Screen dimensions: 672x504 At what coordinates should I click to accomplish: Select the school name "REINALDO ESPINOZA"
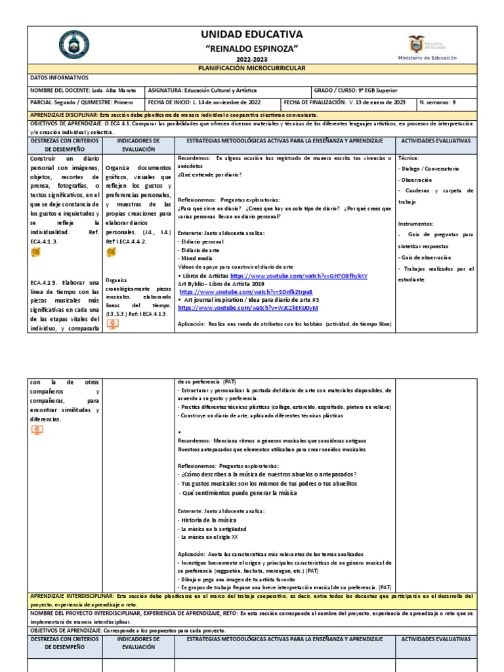coord(252,49)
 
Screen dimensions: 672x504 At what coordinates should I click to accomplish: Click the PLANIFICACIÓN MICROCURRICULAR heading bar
coord(252,68)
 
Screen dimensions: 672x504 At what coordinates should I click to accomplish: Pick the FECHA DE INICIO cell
coord(204,102)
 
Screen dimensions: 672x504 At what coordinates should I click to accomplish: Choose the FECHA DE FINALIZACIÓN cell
coord(345,102)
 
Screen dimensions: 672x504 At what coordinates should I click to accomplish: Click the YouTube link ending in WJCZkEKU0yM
coord(248,307)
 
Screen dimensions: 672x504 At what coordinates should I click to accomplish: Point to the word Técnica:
coord(408,159)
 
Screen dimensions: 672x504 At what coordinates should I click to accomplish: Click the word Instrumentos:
coord(415,223)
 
